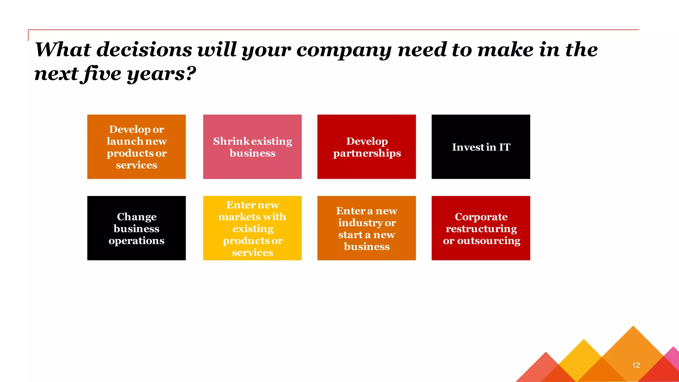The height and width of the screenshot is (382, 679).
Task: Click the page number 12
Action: [x=636, y=365]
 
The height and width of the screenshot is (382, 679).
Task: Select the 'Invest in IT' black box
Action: [x=480, y=147]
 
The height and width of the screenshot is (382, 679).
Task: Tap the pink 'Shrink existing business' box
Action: [x=252, y=147]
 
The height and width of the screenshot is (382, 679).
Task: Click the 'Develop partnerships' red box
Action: [x=366, y=147]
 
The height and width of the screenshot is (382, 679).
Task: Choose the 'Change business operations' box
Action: [x=136, y=228]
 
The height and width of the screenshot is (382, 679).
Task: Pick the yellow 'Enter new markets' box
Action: [x=252, y=228]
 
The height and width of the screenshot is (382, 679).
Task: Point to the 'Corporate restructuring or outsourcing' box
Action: [x=480, y=228]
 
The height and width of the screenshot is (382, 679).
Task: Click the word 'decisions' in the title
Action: [x=144, y=50]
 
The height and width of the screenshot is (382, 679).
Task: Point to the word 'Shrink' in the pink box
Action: [x=231, y=141]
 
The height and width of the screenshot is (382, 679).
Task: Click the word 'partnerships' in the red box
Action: [x=367, y=154]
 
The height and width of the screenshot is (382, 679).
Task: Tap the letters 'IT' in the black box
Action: [x=505, y=147]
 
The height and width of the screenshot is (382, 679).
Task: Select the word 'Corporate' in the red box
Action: [x=481, y=217]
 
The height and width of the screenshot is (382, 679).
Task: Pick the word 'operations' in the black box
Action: [x=136, y=241]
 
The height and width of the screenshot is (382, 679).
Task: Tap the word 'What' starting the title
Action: [x=63, y=50]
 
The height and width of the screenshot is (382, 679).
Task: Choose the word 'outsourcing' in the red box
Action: [x=489, y=241]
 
